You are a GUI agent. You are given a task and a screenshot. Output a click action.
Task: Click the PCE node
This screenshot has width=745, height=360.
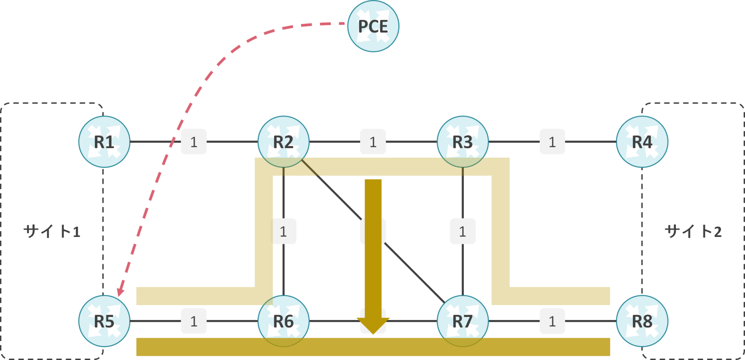[373, 26]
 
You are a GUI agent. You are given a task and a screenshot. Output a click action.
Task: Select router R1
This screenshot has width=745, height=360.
[104, 142]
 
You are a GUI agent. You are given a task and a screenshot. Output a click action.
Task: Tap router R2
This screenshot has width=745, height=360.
[283, 142]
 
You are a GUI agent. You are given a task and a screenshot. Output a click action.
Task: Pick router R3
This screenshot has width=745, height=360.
[463, 142]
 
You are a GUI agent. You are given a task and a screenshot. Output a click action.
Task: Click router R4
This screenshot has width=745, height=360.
[642, 142]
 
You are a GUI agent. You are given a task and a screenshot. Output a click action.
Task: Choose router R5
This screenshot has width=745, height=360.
[104, 321]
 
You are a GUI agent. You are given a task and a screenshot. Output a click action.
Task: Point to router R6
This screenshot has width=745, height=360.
[283, 321]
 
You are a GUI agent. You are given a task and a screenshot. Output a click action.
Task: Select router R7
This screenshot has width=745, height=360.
[463, 321]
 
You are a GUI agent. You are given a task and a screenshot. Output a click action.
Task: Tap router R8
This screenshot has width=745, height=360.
[642, 321]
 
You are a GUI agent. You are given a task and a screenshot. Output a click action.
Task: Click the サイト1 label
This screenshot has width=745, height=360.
[52, 232]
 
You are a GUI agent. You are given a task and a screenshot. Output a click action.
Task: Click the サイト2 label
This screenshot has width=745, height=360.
[693, 232]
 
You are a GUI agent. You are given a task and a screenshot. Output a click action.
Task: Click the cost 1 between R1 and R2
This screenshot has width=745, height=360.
[194, 142]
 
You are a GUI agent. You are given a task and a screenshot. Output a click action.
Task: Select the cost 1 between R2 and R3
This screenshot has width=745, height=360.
[373, 142]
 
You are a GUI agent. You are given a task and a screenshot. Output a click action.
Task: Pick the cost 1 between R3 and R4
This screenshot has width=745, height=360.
[552, 142]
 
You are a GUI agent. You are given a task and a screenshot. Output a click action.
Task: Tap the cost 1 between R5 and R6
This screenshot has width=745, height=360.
[194, 321]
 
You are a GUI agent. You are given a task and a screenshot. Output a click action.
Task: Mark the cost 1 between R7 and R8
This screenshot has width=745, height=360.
[552, 321]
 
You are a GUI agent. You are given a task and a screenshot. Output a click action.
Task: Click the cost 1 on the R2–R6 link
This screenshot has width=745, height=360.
[283, 232]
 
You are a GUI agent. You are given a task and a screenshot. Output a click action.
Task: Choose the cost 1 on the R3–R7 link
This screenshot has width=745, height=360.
[463, 232]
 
